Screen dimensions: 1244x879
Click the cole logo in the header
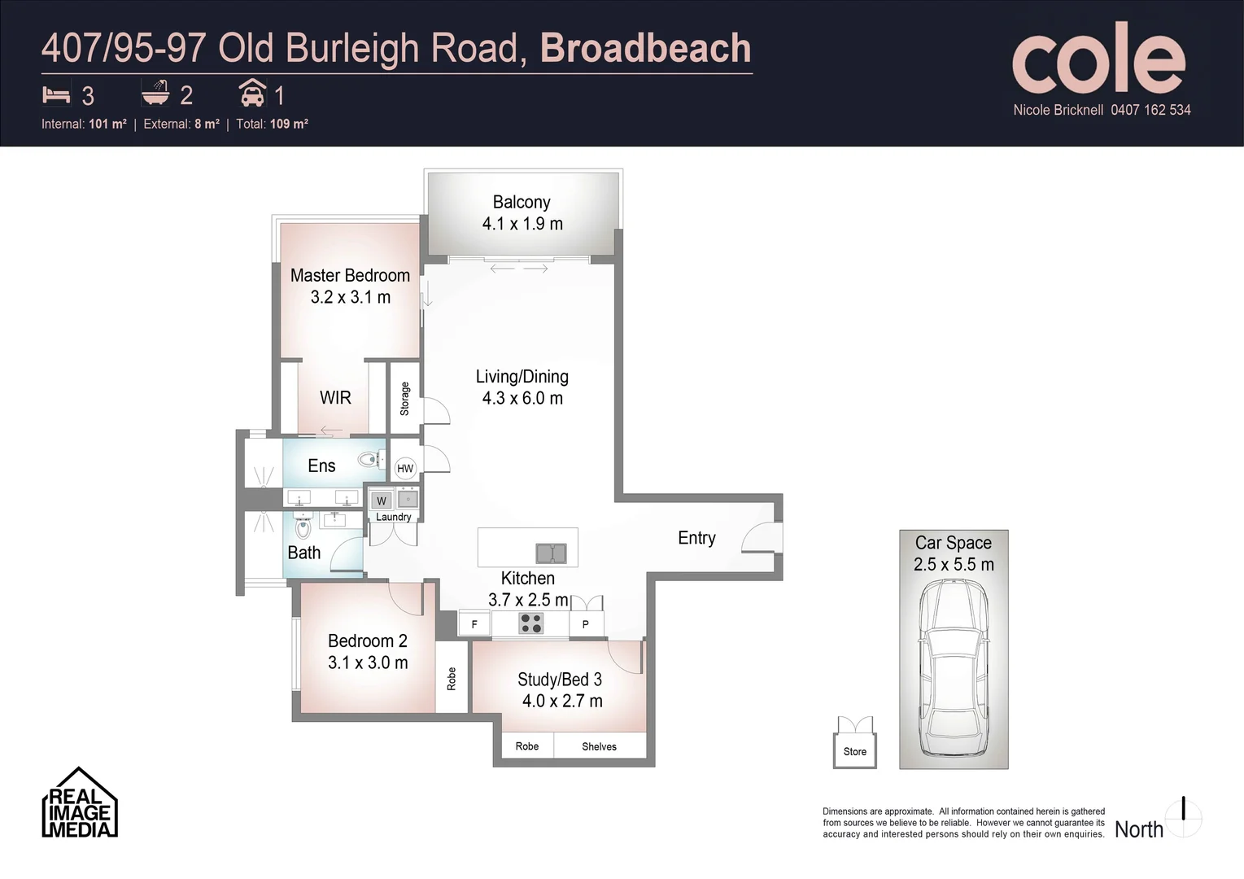coord(1099,59)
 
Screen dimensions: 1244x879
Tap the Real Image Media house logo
coord(80,802)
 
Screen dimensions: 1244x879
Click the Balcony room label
coord(522,202)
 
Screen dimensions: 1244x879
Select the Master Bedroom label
coord(350,276)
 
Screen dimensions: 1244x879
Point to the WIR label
coord(335,398)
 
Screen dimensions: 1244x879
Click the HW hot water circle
coord(405,468)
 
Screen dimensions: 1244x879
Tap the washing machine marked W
coord(382,501)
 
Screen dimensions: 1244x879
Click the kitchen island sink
coord(551,553)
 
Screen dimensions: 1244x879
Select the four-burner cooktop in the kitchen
coord(530,623)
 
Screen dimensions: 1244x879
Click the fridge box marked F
coord(474,624)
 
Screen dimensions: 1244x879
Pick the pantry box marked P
coord(586,624)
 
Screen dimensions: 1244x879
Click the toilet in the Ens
coord(369,460)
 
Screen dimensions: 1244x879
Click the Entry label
coord(697,538)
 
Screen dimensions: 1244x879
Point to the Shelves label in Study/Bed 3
coord(600,747)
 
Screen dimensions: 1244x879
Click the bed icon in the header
coord(56,95)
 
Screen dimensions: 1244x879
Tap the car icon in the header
coord(253,92)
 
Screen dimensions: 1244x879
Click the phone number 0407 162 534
coord(1150,110)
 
